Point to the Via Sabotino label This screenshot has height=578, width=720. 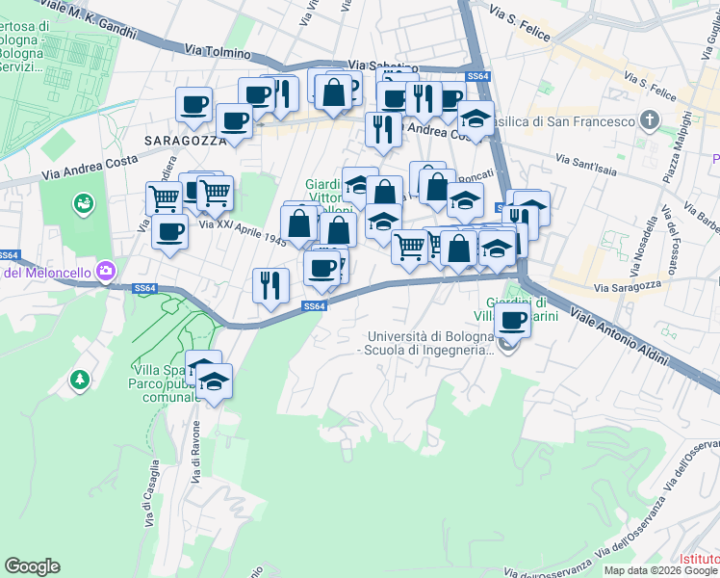click(x=383, y=66)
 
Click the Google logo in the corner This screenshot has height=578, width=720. click(x=32, y=566)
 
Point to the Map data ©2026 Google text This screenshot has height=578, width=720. click(x=658, y=570)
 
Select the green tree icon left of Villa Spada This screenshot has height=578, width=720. click(x=79, y=381)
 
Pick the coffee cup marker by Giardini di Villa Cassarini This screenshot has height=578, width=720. click(x=513, y=320)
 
